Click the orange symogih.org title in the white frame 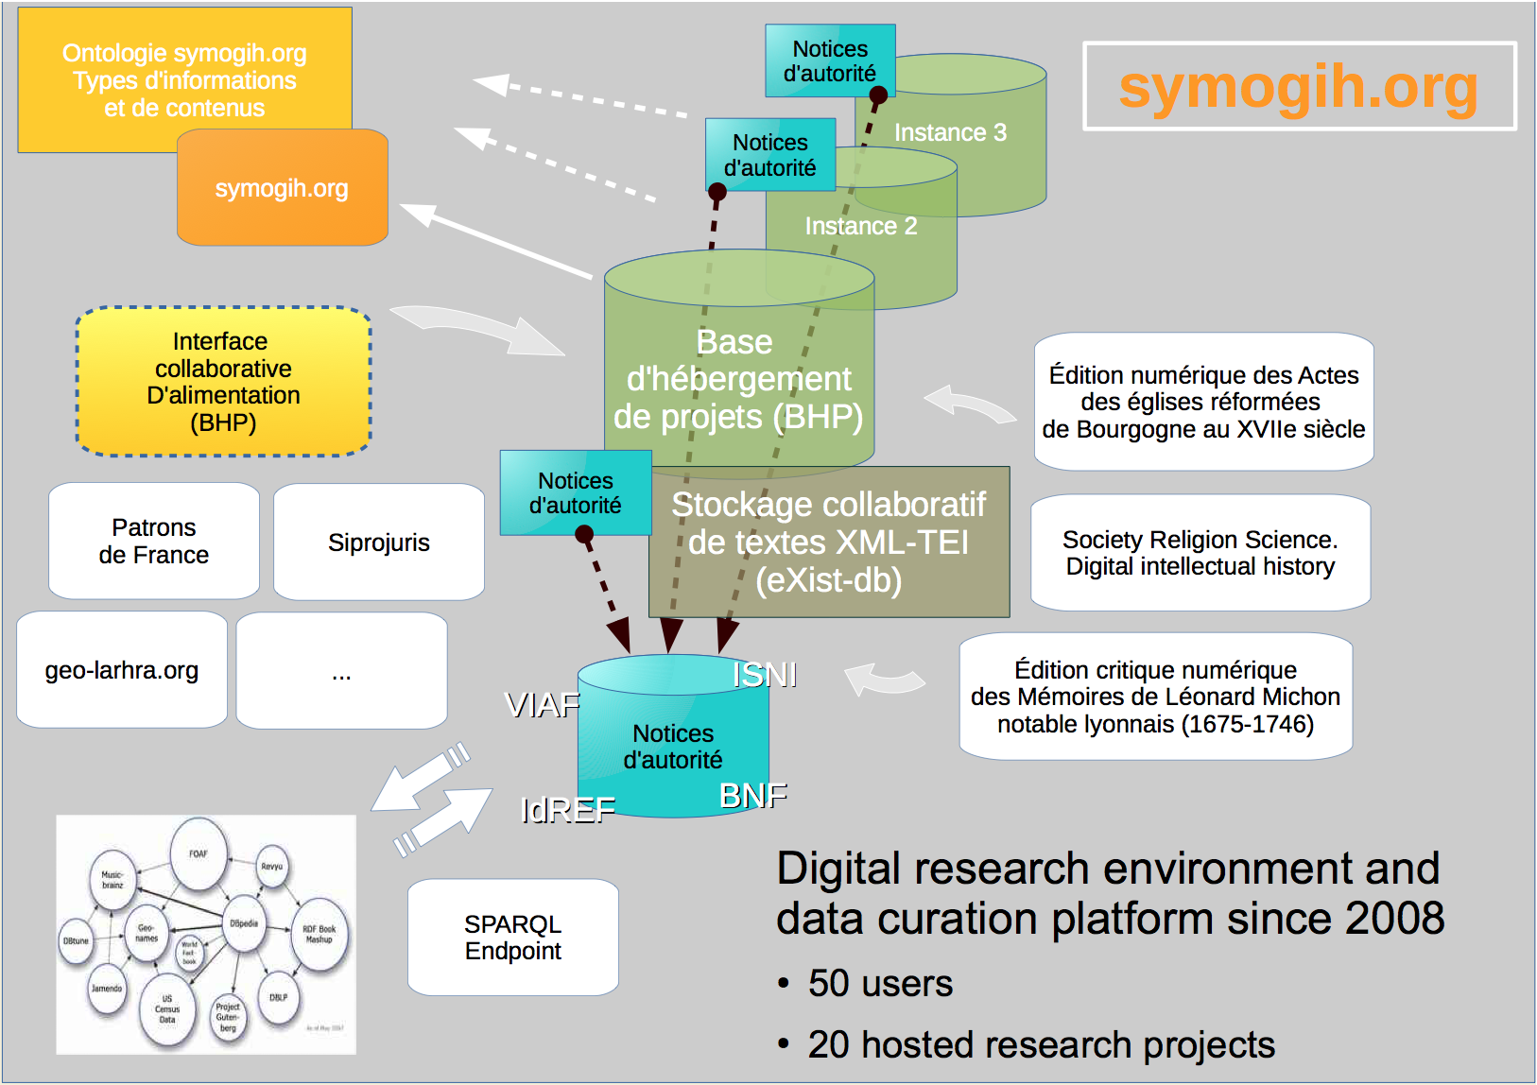click(x=1298, y=87)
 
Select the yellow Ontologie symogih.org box click(x=184, y=79)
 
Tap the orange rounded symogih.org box click(x=282, y=188)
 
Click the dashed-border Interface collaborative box click(x=223, y=382)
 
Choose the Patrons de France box click(x=154, y=541)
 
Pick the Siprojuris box click(x=379, y=542)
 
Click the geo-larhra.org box click(x=122, y=670)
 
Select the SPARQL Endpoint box click(x=513, y=937)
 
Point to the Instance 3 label click(x=950, y=132)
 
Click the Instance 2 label click(x=860, y=226)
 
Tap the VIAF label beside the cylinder click(x=543, y=705)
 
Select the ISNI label click(x=765, y=675)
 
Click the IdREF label click(x=568, y=810)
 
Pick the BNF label click(x=753, y=796)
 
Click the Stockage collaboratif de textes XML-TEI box click(x=829, y=542)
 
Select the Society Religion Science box click(x=1200, y=553)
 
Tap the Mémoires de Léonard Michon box click(x=1155, y=697)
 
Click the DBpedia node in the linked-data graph click(x=244, y=923)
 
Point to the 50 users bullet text click(x=880, y=984)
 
